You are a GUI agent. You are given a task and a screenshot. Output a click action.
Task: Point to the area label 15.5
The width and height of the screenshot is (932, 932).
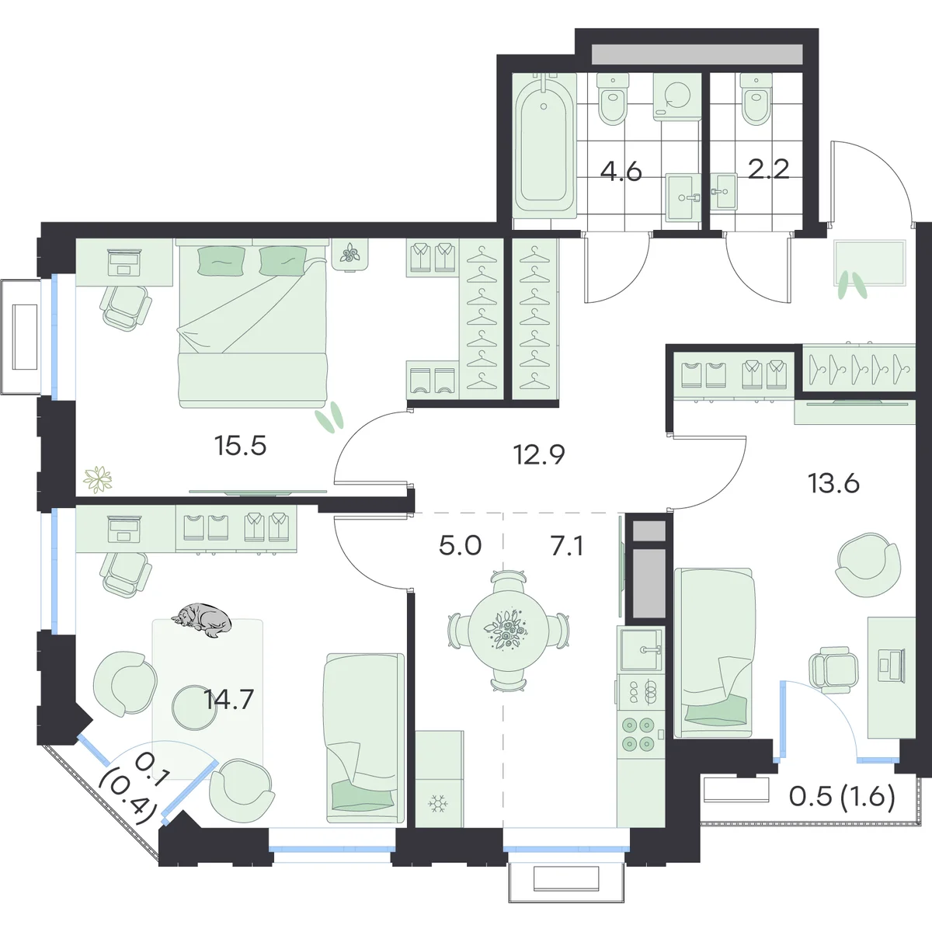[240, 446]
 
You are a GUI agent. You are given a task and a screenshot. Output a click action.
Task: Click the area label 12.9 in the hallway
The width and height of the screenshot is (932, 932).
[539, 454]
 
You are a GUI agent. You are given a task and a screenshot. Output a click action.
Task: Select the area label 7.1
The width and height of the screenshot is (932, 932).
[567, 546]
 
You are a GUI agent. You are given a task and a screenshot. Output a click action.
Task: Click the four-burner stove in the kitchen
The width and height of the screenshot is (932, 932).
[638, 733]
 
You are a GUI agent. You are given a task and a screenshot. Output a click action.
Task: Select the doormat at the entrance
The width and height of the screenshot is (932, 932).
[870, 263]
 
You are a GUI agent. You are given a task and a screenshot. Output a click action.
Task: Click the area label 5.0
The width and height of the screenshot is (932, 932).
[461, 546]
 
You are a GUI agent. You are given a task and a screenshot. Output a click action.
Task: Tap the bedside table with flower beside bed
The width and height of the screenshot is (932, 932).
[350, 255]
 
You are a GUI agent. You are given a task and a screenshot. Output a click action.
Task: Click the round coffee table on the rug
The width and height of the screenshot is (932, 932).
[194, 708]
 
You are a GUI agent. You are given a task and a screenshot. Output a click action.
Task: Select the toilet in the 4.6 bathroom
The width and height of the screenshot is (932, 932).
[613, 99]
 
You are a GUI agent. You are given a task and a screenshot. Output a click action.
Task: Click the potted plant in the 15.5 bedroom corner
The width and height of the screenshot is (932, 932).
[98, 479]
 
